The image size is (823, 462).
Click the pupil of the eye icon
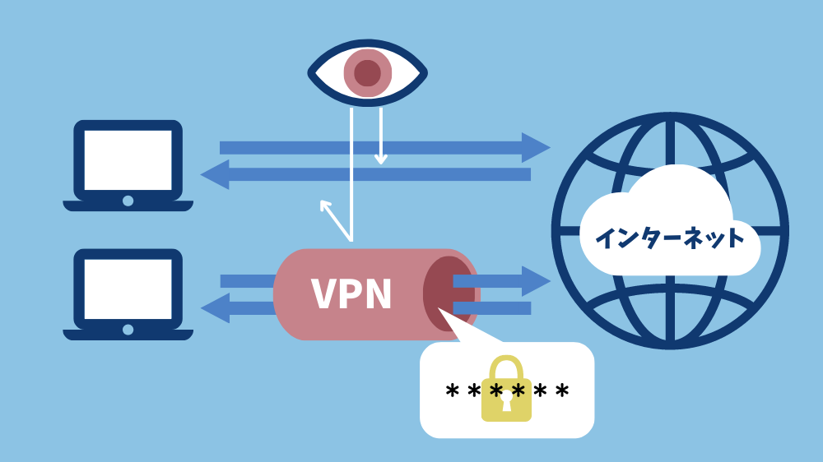click(367, 73)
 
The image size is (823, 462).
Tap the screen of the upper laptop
click(128, 159)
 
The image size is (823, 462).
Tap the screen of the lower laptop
click(128, 289)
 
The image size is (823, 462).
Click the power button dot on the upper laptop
click(128, 201)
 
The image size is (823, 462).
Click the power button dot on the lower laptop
click(128, 330)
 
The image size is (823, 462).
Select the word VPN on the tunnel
click(351, 293)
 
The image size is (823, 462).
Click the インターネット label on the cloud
click(669, 238)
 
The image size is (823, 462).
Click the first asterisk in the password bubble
click(452, 390)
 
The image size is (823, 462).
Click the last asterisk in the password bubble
click(561, 390)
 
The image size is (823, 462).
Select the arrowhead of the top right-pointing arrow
click(537, 147)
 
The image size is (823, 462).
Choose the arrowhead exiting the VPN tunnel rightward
click(537, 281)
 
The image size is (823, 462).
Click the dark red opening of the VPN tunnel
click(448, 293)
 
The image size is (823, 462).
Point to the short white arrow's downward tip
click(380, 161)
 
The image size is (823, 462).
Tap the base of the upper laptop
click(128, 206)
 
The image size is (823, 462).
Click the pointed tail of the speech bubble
click(444, 315)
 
